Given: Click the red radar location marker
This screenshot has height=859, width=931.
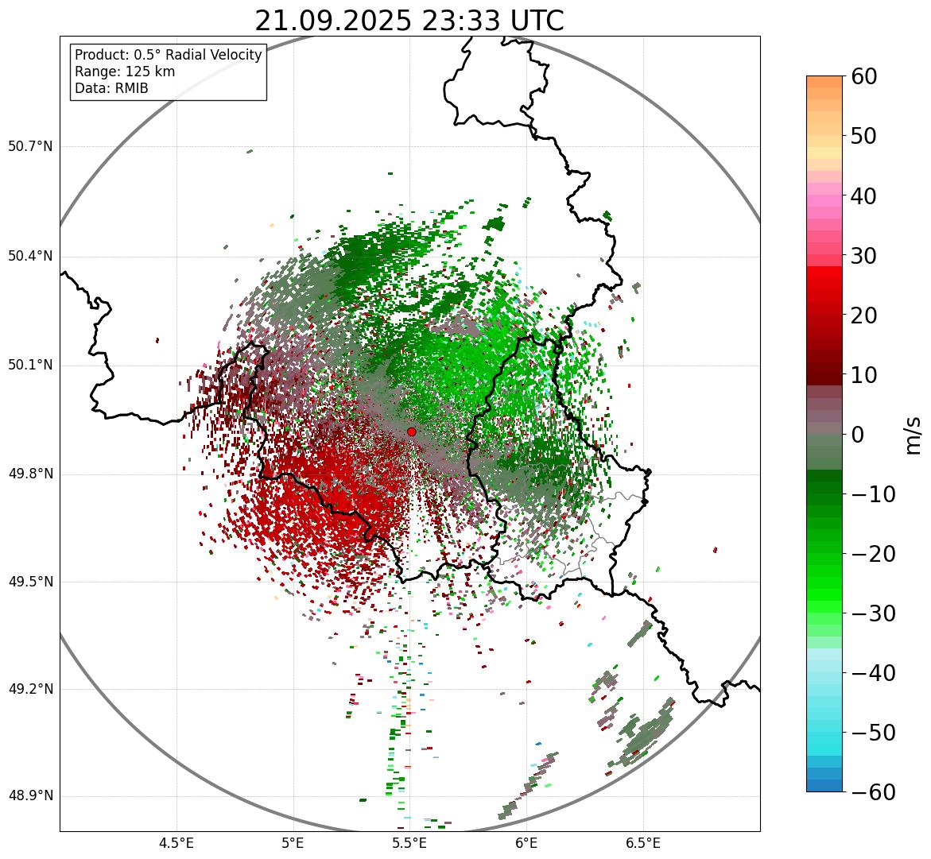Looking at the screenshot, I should coord(411,431).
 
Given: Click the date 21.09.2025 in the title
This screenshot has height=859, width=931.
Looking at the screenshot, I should coord(333,21).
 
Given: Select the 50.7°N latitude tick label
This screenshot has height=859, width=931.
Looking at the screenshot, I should coord(30,147).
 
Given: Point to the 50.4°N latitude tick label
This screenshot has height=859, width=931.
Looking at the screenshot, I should coord(30,257).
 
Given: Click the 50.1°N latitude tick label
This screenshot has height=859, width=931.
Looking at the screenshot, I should coord(30,366).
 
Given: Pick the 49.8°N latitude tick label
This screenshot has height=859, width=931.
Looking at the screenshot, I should coord(30,474).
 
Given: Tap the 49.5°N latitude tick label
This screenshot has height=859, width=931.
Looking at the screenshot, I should coord(30,582).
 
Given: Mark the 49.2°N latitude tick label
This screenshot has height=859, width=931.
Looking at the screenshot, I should coord(30,689).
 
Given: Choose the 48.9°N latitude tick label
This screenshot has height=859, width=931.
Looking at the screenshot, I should coord(30,796).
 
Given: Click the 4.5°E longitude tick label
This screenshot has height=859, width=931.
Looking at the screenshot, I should coord(177,843).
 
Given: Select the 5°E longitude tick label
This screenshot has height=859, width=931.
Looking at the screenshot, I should coord(293,843).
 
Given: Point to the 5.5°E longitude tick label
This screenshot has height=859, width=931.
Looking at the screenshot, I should coord(410,843).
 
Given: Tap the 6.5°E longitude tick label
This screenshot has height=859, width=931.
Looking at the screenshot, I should coord(643,843).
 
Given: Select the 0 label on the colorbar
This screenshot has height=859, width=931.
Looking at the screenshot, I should coord(858,435).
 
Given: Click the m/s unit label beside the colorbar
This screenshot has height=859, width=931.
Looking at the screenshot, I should coord(913,435).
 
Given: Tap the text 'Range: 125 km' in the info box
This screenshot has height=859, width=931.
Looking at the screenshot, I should coord(125,72).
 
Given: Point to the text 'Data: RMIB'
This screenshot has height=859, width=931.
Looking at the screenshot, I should coord(111,88).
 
